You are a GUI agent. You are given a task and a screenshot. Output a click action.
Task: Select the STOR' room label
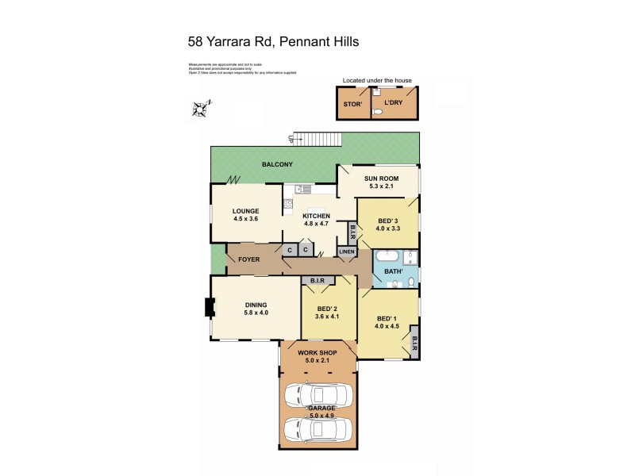coord(352,104)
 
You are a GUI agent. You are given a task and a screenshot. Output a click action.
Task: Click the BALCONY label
coord(277,165)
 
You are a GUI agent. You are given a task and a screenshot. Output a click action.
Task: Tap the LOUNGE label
coord(246,211)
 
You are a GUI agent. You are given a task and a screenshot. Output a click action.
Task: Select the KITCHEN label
coord(317,216)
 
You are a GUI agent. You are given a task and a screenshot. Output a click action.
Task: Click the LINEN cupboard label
coord(347,251)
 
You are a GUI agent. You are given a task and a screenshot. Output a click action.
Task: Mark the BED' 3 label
coord(388,220)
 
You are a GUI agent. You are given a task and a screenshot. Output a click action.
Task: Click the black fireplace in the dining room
coord(209,307)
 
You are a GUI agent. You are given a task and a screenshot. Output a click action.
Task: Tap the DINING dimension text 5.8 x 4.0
coord(256,313)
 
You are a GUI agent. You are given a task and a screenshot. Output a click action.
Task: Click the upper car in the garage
coord(317,394)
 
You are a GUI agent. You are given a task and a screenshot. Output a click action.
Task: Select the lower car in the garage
coord(317,429)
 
